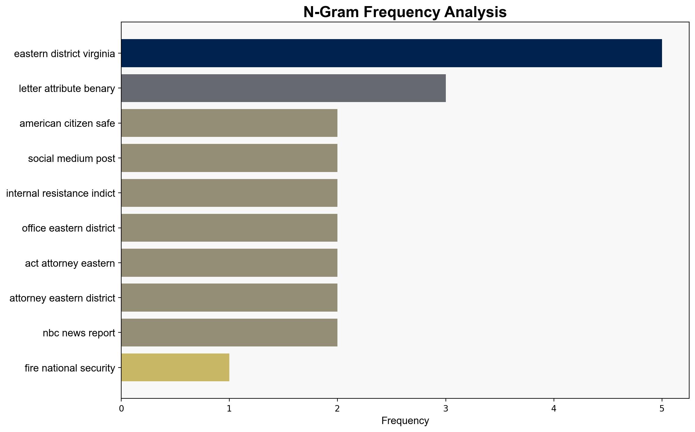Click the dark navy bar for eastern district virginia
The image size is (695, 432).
[x=391, y=53]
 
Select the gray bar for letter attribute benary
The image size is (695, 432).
[x=283, y=88]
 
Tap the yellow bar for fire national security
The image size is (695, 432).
[x=175, y=368]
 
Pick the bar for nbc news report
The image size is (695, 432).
[x=229, y=333]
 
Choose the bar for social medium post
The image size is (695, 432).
[x=229, y=158]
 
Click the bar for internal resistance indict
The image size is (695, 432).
[x=229, y=193]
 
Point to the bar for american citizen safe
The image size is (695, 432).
[x=229, y=123]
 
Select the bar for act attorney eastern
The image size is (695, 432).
[x=229, y=263]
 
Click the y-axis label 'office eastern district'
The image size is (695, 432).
[x=68, y=228]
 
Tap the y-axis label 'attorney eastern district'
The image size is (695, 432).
[x=62, y=298]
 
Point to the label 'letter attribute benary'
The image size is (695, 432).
[x=67, y=89]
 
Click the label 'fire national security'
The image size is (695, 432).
[x=70, y=368]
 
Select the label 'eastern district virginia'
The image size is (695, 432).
[x=64, y=54]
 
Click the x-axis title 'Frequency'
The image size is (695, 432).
[x=405, y=421]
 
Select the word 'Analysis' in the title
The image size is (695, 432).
[x=475, y=13]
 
